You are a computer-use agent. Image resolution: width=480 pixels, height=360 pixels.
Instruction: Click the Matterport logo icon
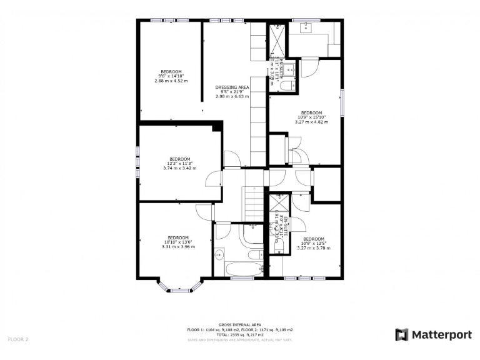401,334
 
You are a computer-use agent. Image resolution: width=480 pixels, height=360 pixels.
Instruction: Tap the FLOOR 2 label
18,339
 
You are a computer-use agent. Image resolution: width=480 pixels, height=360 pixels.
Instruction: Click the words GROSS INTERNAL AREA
240,324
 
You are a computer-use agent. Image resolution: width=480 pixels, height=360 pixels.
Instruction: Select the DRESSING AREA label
232,87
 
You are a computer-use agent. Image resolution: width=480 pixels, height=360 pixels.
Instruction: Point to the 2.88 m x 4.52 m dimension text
171,81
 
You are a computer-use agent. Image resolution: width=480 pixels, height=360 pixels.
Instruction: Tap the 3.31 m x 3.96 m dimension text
178,247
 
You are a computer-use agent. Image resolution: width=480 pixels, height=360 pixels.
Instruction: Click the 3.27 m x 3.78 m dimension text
313,248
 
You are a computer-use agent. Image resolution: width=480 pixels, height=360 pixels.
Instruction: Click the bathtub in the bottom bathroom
244,270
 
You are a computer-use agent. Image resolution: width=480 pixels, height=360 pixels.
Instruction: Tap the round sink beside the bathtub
219,255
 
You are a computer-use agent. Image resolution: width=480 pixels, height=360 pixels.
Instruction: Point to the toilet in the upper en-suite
278,88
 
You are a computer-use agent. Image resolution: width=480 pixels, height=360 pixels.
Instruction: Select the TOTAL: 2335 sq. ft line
240,334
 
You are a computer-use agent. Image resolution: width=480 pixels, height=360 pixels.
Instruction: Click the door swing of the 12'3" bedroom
214,178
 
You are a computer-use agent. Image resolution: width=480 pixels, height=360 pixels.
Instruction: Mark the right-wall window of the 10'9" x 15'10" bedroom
342,102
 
